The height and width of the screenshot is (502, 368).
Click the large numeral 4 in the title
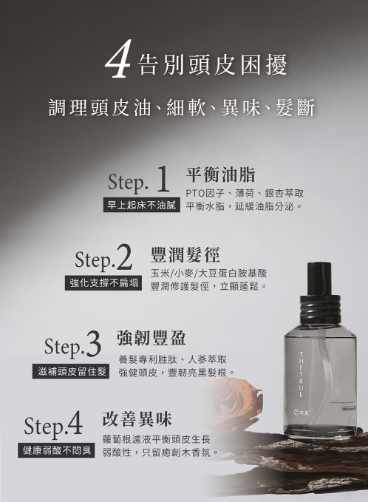[117, 58]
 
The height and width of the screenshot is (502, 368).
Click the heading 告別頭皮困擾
[213, 64]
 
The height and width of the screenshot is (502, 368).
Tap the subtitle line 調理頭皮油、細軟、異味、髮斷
[182, 107]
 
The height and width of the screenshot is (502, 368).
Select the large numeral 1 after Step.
[163, 179]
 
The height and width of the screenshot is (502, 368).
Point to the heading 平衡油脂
[221, 174]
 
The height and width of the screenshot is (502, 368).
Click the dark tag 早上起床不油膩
[142, 206]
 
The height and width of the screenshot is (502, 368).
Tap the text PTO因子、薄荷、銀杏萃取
[245, 193]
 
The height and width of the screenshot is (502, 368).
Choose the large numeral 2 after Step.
[123, 257]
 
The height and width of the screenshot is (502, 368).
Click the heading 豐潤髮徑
[185, 255]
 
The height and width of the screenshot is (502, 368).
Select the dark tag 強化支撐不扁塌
[103, 283]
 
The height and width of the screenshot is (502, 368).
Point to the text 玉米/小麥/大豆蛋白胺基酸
[209, 273]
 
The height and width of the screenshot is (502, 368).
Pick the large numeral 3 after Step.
[93, 345]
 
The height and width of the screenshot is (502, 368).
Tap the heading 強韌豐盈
[151, 338]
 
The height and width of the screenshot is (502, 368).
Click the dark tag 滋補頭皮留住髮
[71, 371]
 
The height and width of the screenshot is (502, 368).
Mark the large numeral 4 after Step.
[74, 423]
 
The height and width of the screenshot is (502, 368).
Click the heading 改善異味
[137, 418]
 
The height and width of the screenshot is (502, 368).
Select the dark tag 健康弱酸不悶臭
[56, 450]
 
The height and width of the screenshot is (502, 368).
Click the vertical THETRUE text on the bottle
[301, 375]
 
